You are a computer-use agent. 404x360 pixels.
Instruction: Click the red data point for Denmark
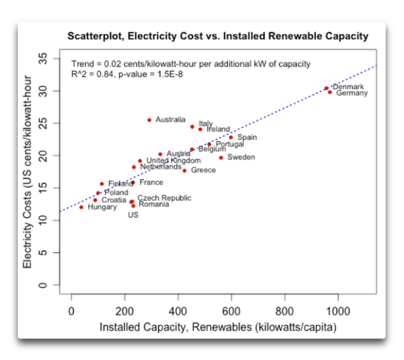click(326, 88)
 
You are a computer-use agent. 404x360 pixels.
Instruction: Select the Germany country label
click(352, 94)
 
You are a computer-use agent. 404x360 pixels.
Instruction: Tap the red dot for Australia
click(149, 120)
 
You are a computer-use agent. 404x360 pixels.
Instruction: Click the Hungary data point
click(82, 207)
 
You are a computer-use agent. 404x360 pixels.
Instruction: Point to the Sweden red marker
click(221, 158)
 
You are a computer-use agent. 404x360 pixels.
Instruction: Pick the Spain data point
click(231, 137)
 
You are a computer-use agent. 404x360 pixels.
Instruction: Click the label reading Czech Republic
click(164, 198)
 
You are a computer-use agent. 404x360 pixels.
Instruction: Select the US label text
click(133, 215)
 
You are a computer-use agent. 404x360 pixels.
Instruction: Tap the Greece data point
click(185, 170)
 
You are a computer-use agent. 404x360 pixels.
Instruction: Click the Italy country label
click(205, 124)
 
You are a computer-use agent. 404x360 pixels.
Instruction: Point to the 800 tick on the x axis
click(284, 310)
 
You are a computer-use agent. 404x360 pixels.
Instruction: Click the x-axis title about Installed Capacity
click(218, 327)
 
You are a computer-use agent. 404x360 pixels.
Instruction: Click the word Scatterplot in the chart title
click(96, 36)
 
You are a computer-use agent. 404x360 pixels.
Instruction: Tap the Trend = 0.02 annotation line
click(191, 64)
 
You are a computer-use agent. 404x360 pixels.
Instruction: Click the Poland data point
click(97, 193)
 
